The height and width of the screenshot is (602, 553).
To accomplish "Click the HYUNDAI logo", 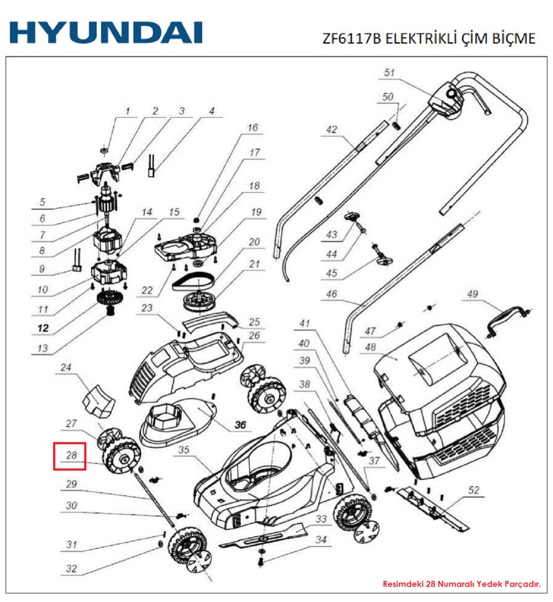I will click(106, 32).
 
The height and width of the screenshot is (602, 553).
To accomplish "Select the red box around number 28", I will click(70, 456).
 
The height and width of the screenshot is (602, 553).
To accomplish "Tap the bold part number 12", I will click(43, 328).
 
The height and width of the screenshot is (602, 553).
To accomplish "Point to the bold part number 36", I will click(240, 425).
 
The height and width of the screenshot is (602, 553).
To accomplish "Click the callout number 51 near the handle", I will click(389, 73).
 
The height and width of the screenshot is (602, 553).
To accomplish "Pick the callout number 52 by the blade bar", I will click(474, 490).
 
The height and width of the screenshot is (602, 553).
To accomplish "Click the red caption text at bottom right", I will click(461, 584).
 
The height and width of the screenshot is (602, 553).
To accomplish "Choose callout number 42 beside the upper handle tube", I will click(332, 129).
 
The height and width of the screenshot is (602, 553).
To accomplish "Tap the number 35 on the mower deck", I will click(183, 450).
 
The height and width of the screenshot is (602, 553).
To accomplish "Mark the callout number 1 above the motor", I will click(127, 111).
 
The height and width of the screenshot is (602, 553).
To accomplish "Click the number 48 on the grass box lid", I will click(371, 347).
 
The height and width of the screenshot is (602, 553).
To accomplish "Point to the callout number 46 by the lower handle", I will click(332, 294).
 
